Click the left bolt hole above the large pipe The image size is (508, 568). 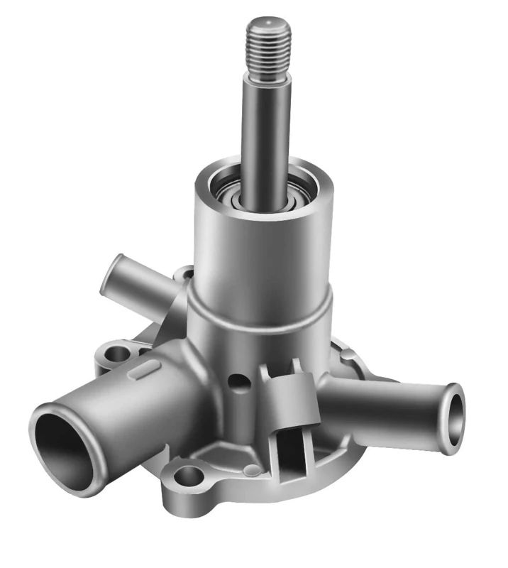click(116, 353)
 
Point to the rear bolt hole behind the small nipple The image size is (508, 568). click(186, 272)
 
